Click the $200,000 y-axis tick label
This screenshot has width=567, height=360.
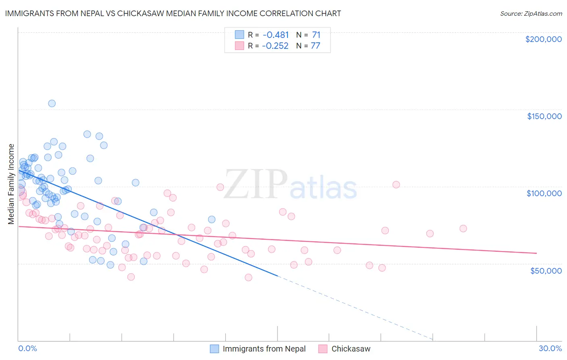click(x=543, y=39)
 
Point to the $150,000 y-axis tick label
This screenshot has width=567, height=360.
click(x=544, y=116)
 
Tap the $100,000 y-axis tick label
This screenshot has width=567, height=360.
click(x=544, y=193)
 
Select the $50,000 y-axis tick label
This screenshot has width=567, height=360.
click(x=546, y=270)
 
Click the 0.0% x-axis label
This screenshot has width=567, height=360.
click(x=27, y=348)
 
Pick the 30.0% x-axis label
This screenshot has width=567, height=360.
click(x=550, y=348)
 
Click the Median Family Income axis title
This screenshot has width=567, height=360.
click(x=11, y=184)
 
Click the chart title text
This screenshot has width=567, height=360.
click(x=173, y=13)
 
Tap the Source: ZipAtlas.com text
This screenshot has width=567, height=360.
click(x=531, y=14)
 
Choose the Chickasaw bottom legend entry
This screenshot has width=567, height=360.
click(x=350, y=349)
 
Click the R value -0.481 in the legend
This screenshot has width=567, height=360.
click(x=275, y=35)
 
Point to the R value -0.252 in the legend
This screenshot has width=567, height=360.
click(x=275, y=46)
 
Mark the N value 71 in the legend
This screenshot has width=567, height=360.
click(x=316, y=35)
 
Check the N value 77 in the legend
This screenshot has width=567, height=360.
click(x=315, y=46)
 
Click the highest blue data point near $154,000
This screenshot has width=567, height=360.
click(x=52, y=103)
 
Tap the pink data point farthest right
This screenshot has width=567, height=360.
click(x=463, y=228)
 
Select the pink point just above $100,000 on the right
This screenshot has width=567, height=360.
click(x=396, y=184)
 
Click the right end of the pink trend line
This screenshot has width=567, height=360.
click(x=536, y=253)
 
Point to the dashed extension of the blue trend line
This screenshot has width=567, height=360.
click(x=355, y=307)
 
